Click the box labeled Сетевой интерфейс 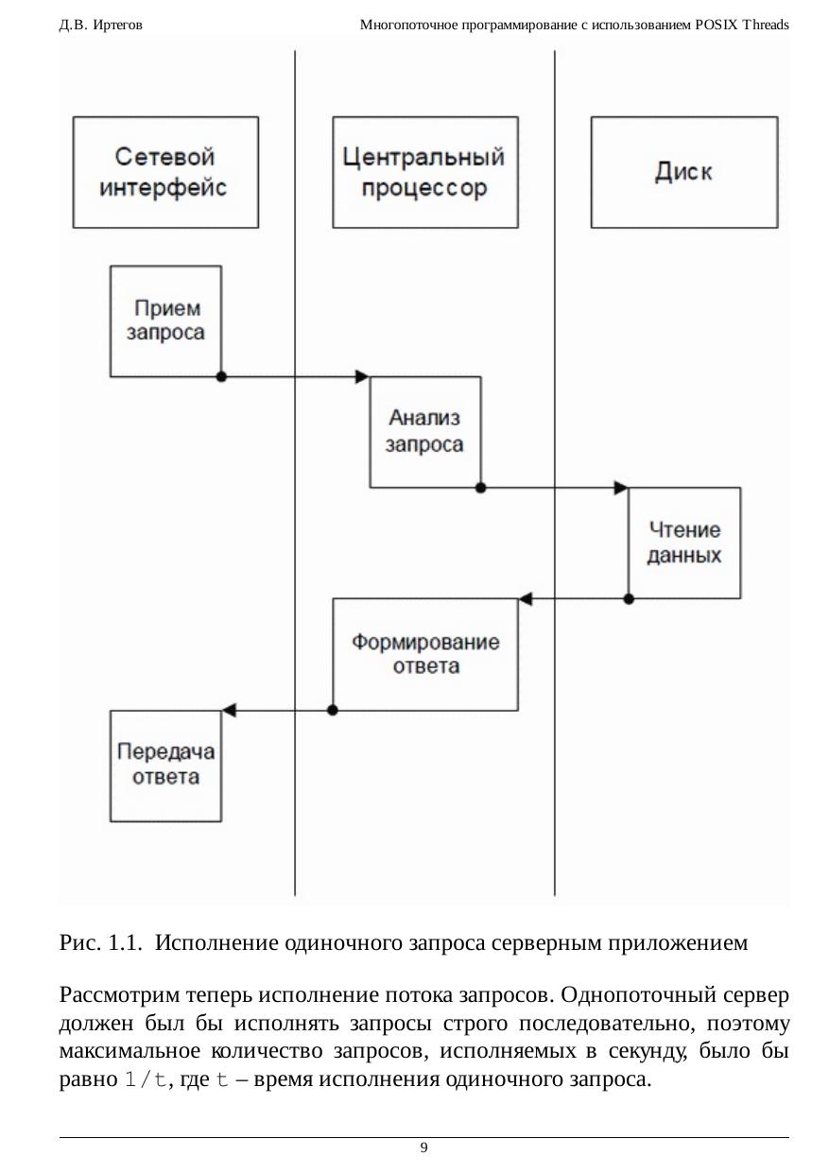point(165,172)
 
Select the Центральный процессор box point(425,172)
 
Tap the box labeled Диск point(684,172)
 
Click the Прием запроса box point(166,320)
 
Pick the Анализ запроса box point(424,431)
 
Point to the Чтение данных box point(684,543)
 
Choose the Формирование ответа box point(425,653)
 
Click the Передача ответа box point(166,765)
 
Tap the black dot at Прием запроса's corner point(221,376)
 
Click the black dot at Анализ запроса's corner point(480,488)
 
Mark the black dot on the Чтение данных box point(629,598)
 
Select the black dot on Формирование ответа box point(332,709)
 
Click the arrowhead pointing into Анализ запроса point(362,376)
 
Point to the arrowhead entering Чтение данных point(621,488)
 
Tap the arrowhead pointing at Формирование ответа point(527,598)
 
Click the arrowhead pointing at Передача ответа point(229,709)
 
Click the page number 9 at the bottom point(423,1147)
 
